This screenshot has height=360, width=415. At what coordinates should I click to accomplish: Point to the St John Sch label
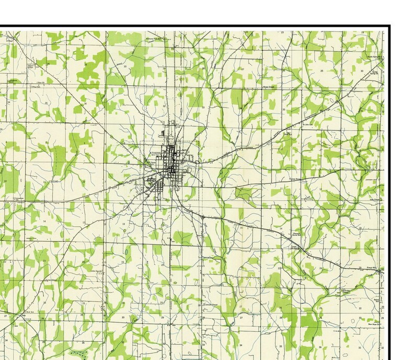(x=308, y=124)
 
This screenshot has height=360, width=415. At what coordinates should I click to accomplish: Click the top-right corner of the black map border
(x=389, y=27)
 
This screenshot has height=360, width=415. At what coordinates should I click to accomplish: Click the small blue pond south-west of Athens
(x=126, y=256)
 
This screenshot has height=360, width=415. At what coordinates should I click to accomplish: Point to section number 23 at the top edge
(x=282, y=33)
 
